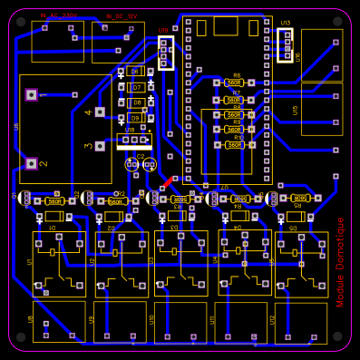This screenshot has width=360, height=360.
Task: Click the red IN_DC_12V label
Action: click(x=121, y=16)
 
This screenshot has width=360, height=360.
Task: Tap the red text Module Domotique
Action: click(x=341, y=262)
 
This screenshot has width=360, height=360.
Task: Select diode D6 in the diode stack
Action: click(x=135, y=72)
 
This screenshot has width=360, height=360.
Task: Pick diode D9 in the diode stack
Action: click(x=135, y=118)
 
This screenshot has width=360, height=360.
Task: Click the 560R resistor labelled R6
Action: click(x=235, y=83)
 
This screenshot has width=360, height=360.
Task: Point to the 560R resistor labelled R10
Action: click(x=234, y=145)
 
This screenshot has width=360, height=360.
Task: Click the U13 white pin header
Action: click(x=286, y=44)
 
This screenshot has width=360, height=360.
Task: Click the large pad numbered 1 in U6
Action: click(x=32, y=94)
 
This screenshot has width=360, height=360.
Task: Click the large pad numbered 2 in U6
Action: click(x=32, y=163)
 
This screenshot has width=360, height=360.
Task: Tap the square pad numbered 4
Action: click(x=101, y=112)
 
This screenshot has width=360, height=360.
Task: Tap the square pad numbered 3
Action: click(x=101, y=145)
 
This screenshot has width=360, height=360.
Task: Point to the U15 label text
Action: click(x=296, y=110)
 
